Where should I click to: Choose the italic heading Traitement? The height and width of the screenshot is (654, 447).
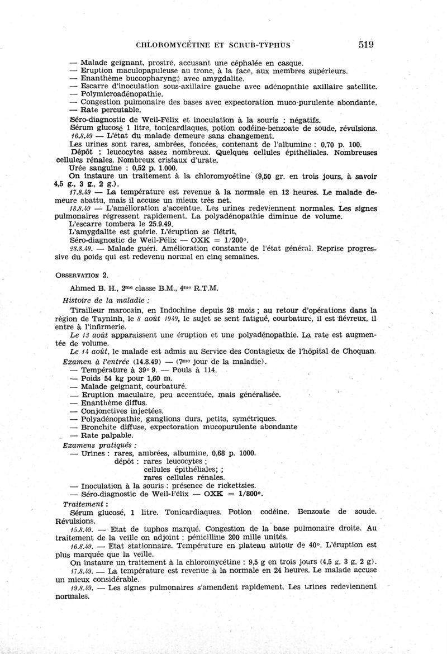[x=85, y=504]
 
